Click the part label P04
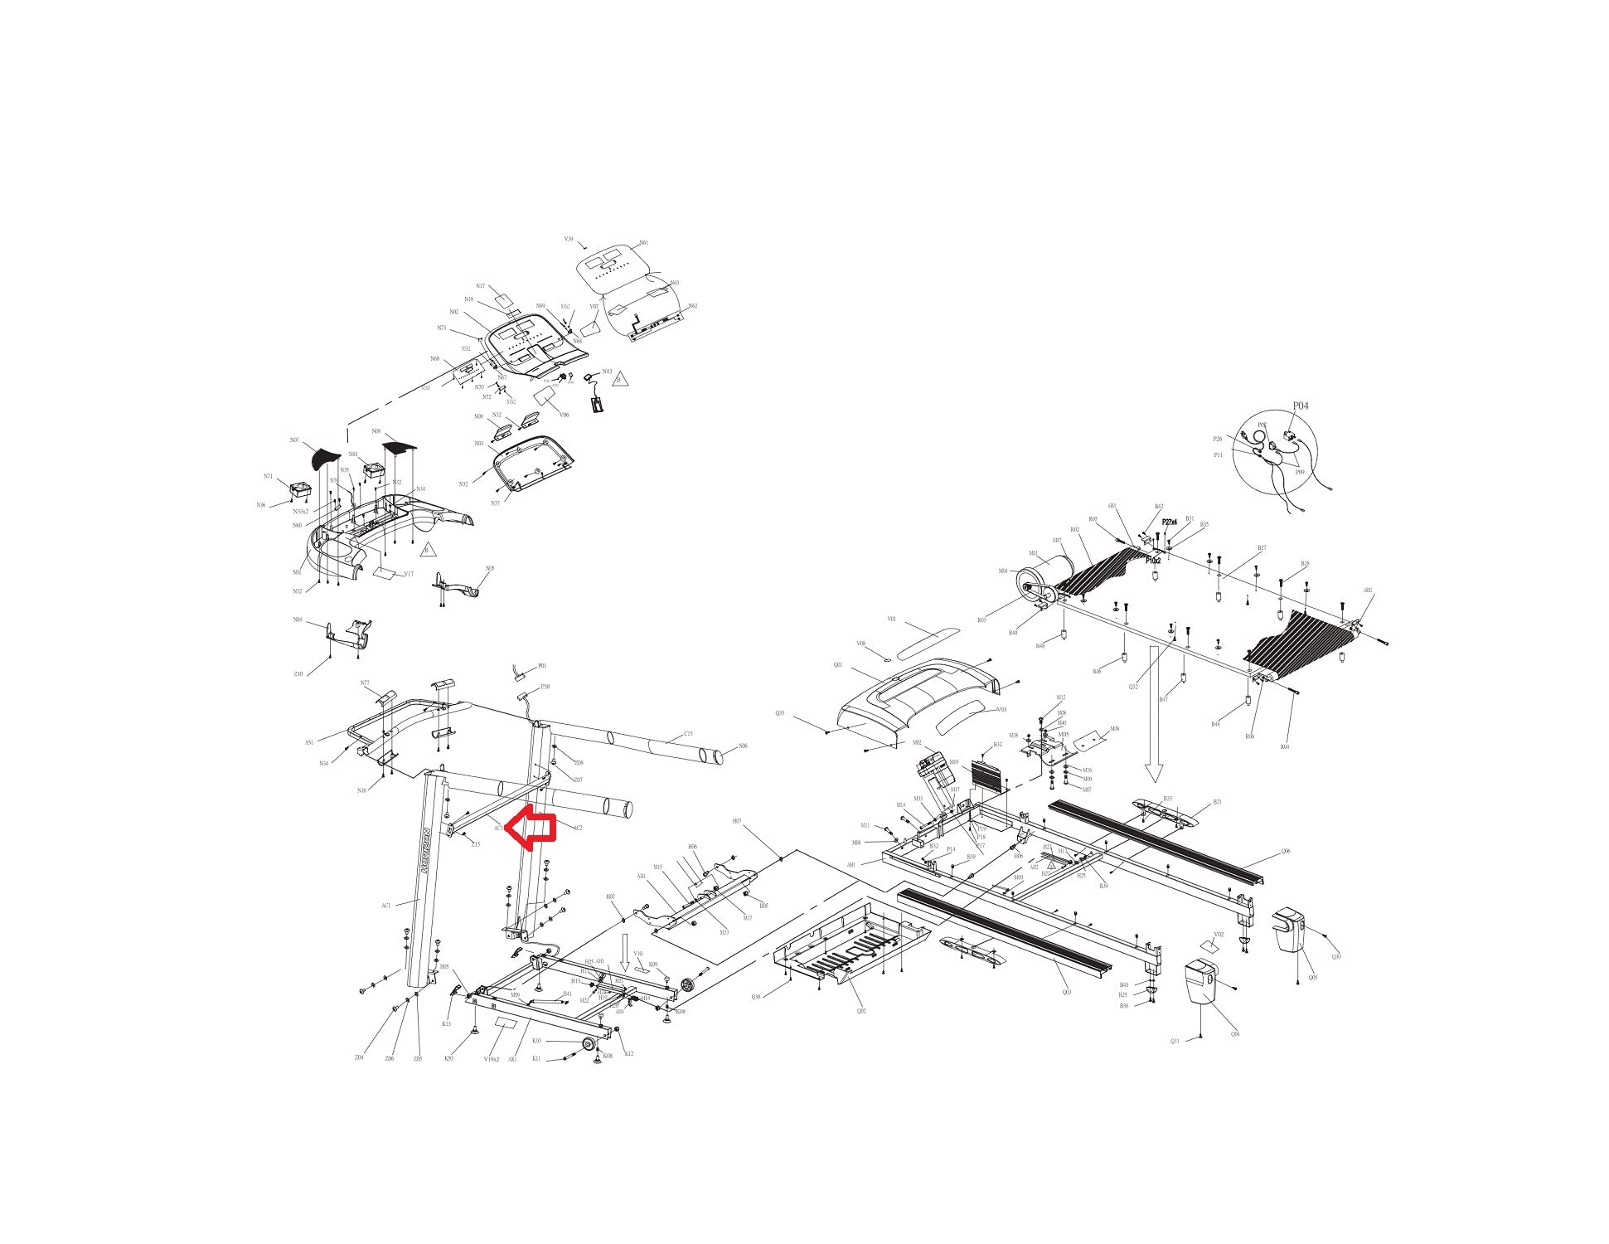[1301, 406]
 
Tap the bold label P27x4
[1170, 522]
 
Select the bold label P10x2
[1153, 561]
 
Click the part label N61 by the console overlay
[644, 244]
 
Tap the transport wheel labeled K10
[589, 1044]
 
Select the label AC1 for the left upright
[386, 906]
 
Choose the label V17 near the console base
[409, 574]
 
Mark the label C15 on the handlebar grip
[688, 734]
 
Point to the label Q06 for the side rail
[1286, 851]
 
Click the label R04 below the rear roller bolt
[1284, 747]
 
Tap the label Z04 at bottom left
[359, 1057]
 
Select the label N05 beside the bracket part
[490, 568]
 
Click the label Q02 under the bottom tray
[861, 1011]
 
